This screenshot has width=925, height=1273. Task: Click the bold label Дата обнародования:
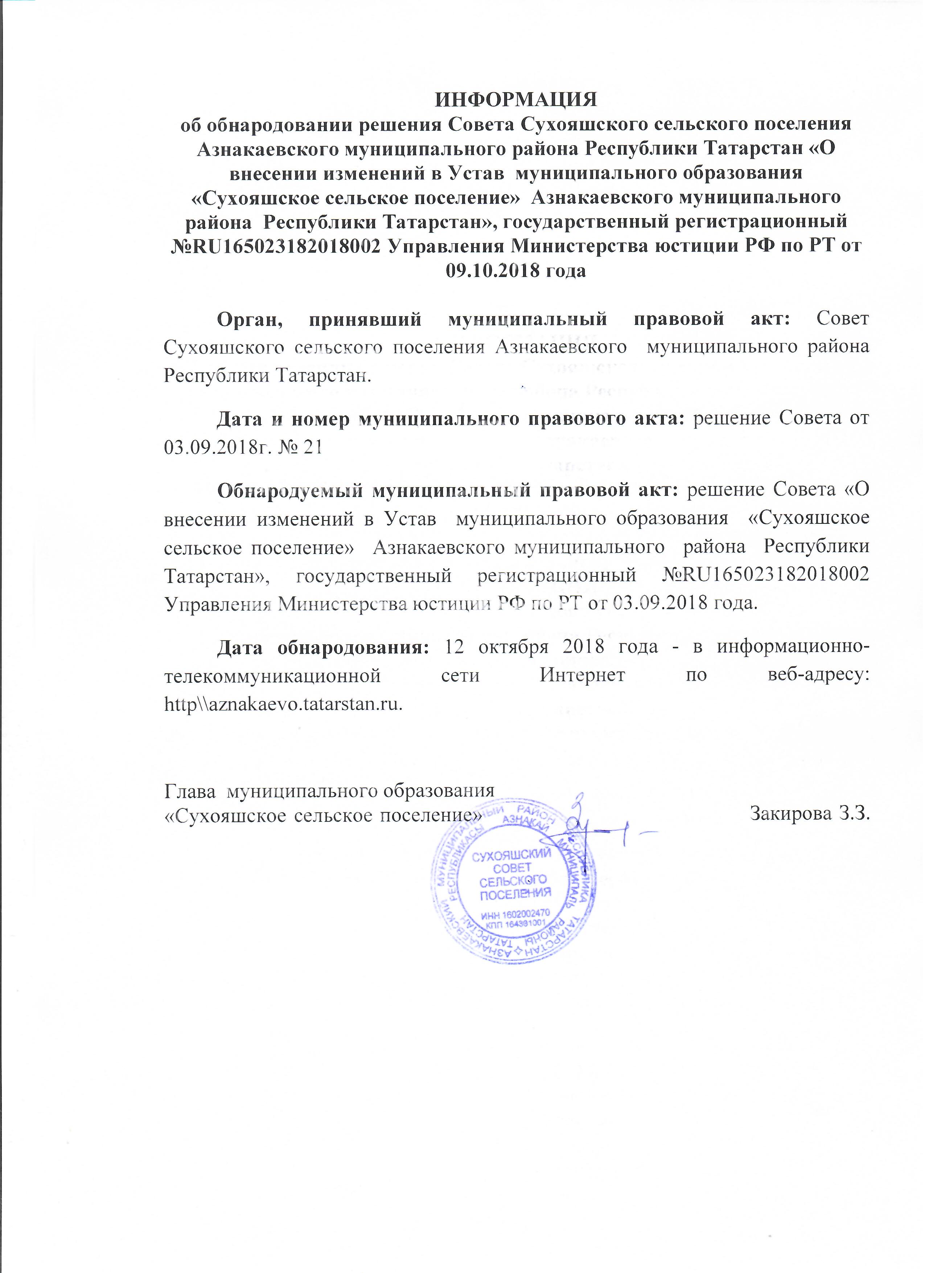323,646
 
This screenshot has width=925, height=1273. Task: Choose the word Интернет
582,675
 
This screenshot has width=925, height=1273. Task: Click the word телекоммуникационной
272,675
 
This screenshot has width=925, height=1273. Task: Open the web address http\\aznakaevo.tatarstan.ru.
283,704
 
